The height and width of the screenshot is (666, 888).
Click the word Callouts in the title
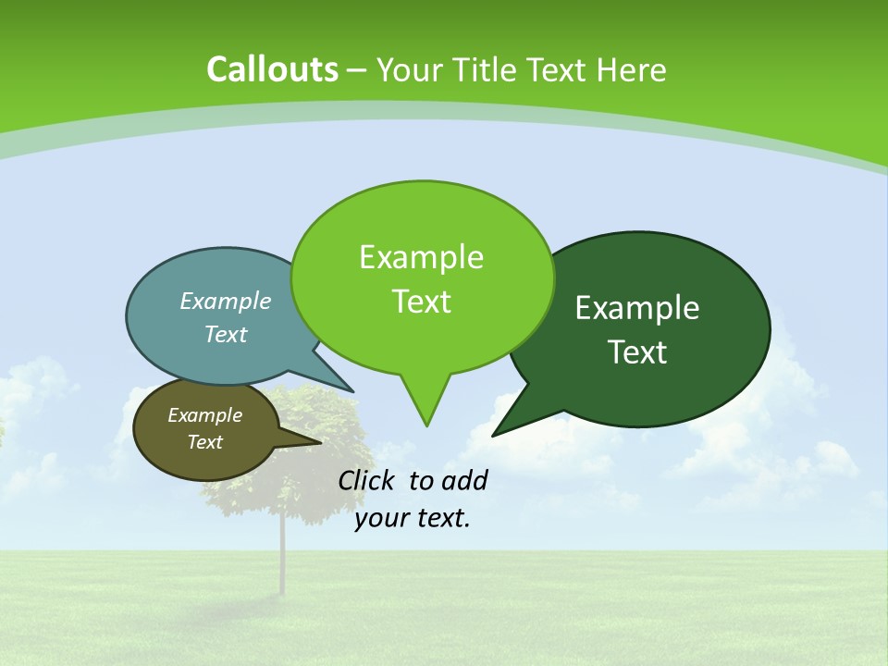272,69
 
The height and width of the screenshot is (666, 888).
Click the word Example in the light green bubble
421,257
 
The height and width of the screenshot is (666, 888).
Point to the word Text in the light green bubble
421,302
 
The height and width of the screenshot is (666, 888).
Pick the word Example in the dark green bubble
637,308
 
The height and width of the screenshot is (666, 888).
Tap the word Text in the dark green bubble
637,352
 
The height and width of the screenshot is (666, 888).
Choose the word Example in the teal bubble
226,301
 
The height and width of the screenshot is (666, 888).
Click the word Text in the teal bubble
226,334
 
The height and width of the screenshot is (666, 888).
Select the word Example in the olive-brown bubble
204,415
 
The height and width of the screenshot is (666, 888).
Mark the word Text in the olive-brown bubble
204,442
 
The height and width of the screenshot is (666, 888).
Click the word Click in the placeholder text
367,480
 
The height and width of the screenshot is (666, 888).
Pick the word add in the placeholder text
464,480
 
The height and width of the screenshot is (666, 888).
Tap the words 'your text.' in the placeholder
413,518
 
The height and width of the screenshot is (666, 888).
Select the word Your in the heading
410,69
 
